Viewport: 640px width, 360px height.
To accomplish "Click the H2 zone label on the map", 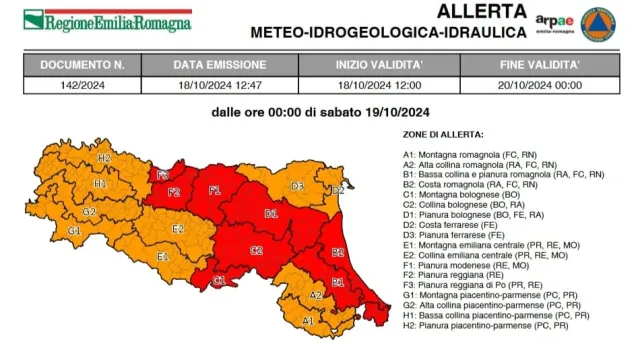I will pos(105,158).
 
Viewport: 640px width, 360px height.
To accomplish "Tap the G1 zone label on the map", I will pos(73,231).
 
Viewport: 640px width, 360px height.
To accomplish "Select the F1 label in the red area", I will pos(214,189).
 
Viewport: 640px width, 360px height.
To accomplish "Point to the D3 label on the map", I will pos(298,186).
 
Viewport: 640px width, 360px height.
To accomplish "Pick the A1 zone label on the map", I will pos(308,320).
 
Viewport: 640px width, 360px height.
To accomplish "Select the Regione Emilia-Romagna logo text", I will pos(108,20).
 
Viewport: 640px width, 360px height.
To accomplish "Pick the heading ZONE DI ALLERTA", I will pos(443,133).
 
